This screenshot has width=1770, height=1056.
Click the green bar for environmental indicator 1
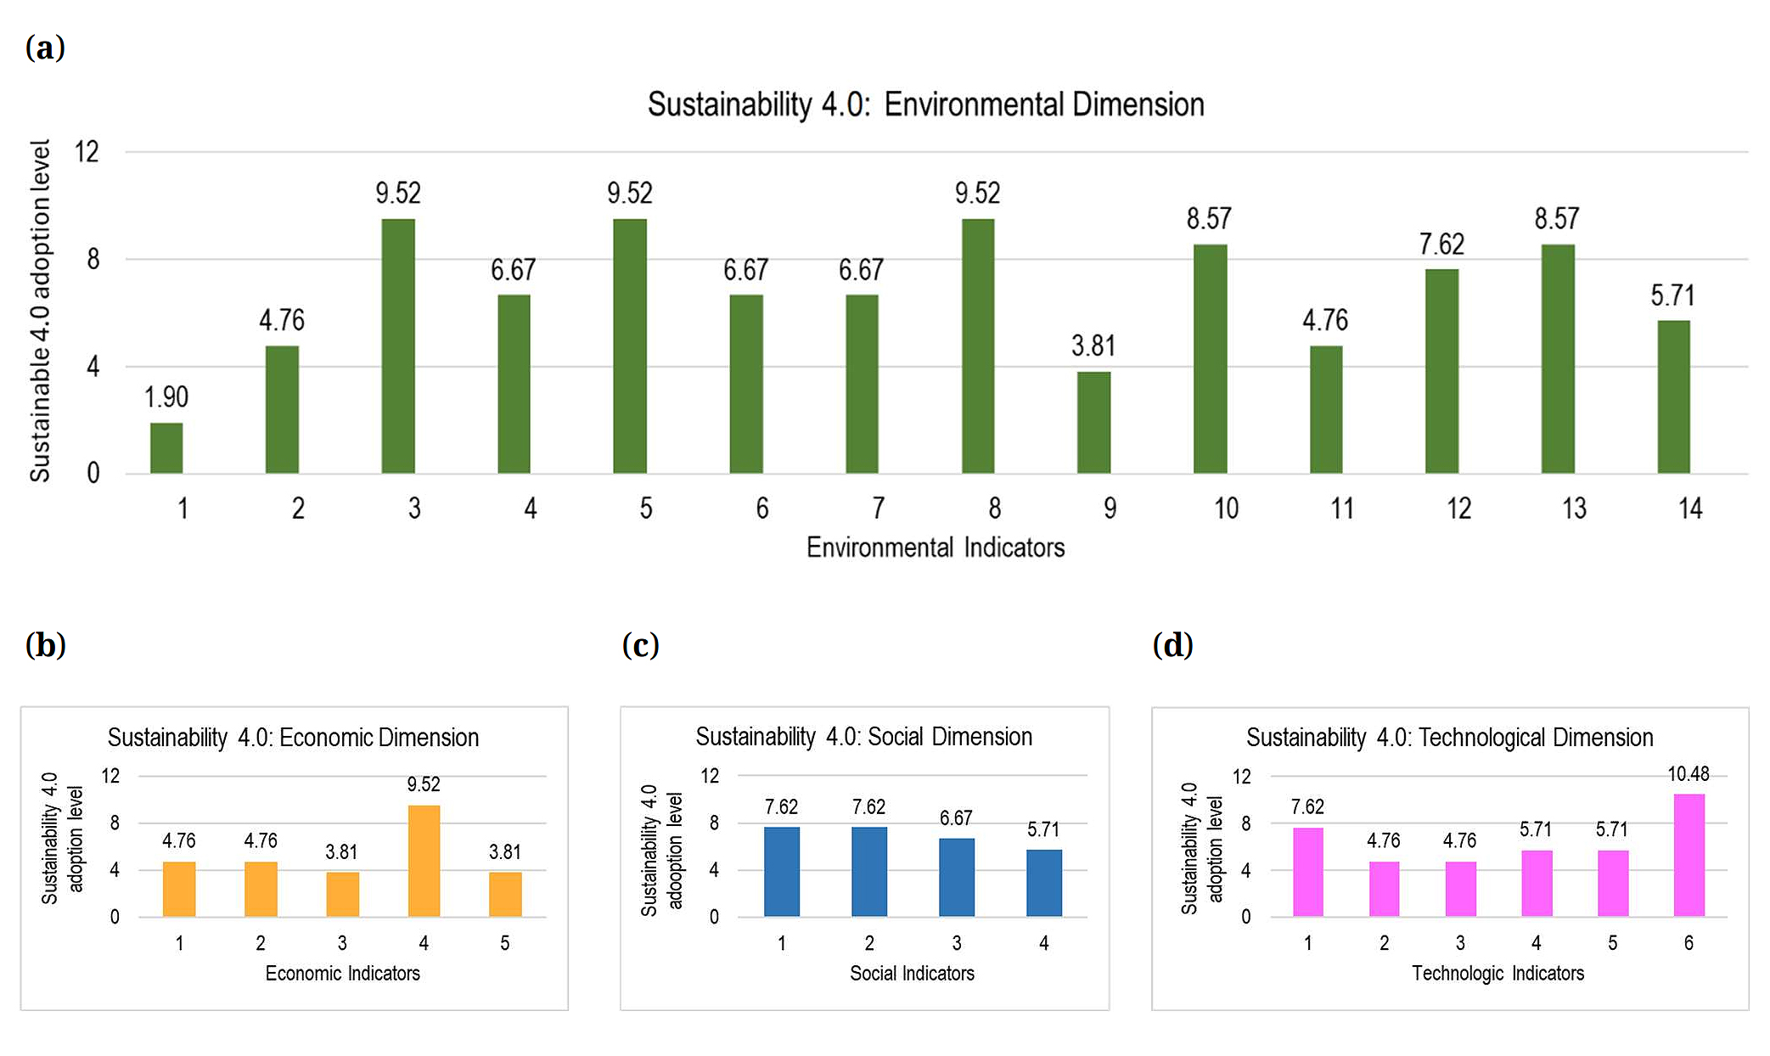click(166, 448)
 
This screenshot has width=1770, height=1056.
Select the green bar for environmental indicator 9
click(1093, 423)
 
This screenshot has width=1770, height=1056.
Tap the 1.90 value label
click(166, 397)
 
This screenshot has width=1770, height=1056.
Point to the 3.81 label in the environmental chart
click(1093, 346)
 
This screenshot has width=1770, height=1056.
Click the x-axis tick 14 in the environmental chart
click(1690, 508)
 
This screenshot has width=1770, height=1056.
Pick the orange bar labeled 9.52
click(424, 861)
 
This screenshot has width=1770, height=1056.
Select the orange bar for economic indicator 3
click(342, 894)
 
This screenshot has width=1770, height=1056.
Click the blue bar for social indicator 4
click(1043, 883)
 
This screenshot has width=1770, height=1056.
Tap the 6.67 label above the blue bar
click(956, 818)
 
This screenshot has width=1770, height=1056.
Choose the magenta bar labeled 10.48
click(1689, 855)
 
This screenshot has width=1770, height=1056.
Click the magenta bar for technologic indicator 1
click(1307, 872)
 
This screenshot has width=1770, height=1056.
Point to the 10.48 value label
click(1689, 774)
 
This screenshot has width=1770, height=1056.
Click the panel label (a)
click(45, 48)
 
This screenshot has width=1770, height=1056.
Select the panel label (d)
click(1172, 645)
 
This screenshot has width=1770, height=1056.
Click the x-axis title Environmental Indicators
click(935, 548)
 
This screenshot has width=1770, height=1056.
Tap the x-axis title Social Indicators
click(912, 974)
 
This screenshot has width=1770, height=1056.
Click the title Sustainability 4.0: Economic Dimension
click(293, 738)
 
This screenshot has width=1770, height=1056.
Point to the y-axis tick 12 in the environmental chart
click(87, 152)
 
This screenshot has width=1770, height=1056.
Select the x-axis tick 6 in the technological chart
click(1689, 943)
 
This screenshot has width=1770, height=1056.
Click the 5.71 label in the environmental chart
click(1672, 296)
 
